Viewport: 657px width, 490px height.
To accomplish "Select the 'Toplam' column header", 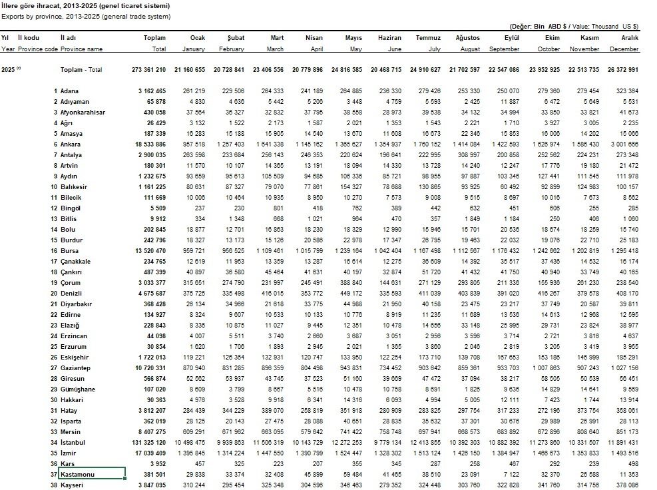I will coord(154,38).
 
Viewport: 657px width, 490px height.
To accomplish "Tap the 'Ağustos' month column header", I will coord(467,38).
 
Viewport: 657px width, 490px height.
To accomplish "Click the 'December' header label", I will coord(624,49).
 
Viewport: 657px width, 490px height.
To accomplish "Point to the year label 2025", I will coord(9,70).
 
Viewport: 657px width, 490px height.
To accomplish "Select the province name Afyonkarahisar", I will coord(83,113).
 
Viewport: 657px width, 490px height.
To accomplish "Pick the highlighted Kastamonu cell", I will coord(92,474).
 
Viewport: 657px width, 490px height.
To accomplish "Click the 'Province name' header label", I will coord(81,49).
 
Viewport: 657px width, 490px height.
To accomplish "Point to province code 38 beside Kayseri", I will coord(54,485).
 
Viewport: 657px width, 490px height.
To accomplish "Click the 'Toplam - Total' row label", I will coord(81,70).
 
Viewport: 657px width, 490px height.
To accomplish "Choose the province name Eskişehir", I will coord(75,357).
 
